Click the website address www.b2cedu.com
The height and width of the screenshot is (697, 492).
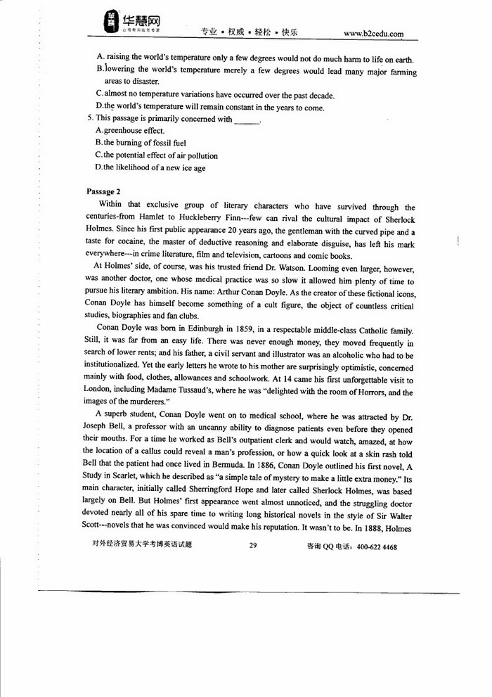pyautogui.click(x=373, y=32)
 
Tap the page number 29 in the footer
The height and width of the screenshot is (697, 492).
pyautogui.click(x=254, y=546)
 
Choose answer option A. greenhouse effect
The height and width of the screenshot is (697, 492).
pyautogui.click(x=120, y=131)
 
